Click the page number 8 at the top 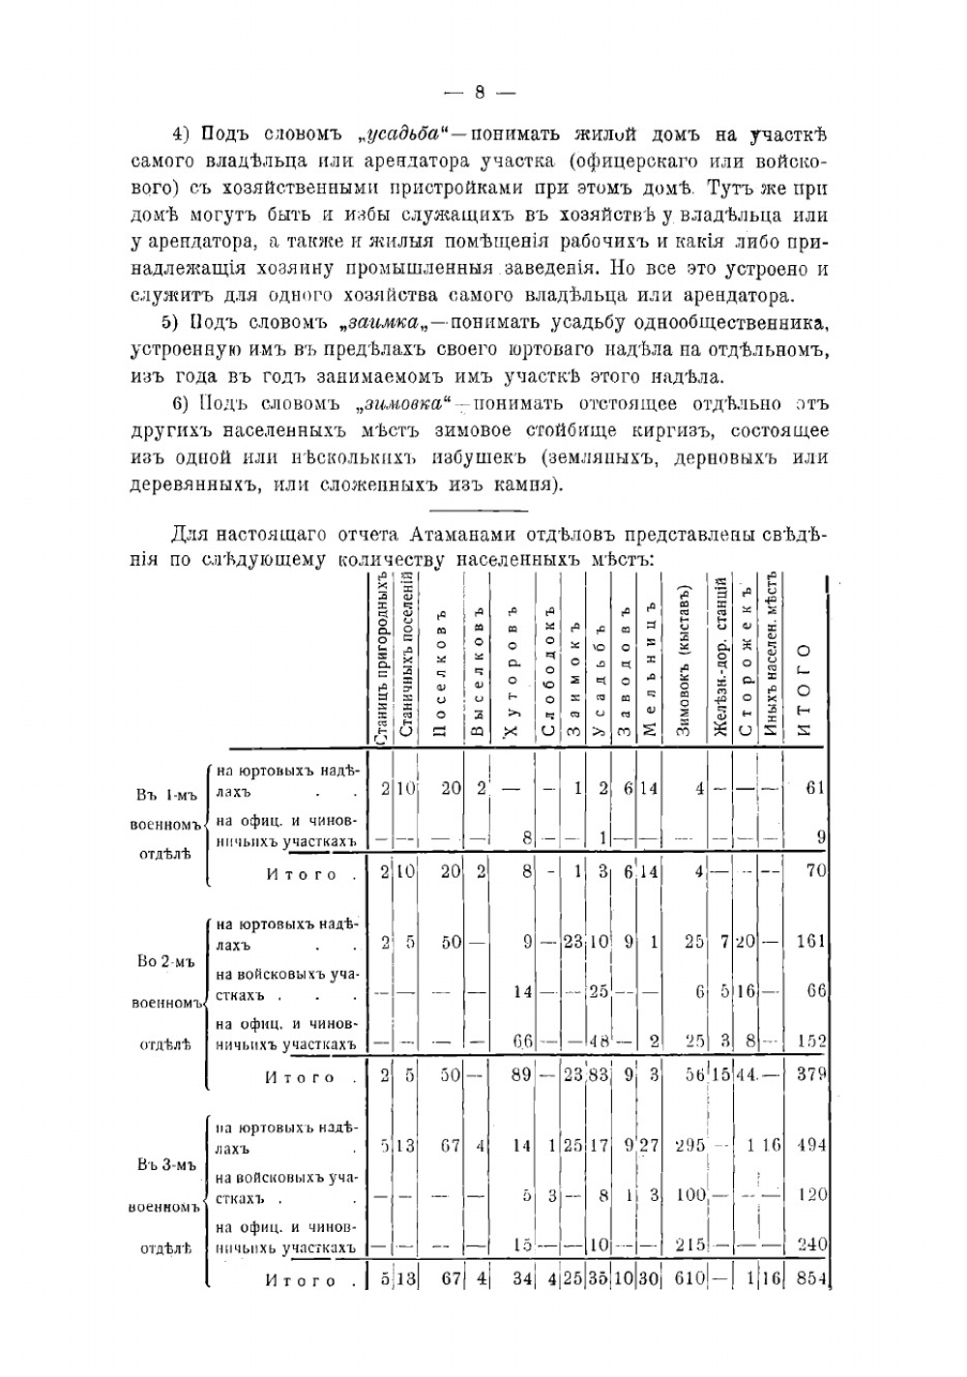[x=480, y=94]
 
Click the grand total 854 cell [x=810, y=1279]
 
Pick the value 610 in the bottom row [x=689, y=1279]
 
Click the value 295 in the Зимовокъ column [x=689, y=1145]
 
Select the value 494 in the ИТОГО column [x=811, y=1145]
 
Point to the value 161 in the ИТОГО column [x=811, y=941]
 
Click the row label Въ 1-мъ [x=166, y=796]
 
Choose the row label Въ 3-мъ [x=166, y=1165]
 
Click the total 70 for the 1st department [x=815, y=870]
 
